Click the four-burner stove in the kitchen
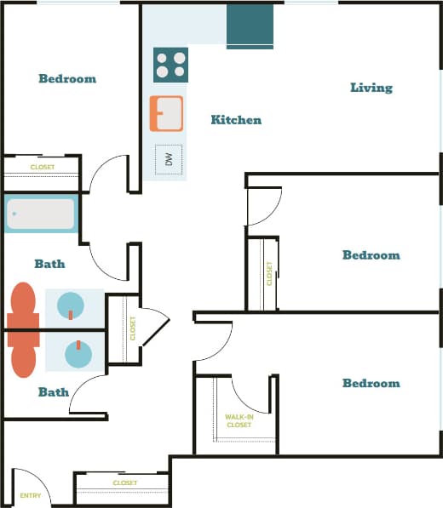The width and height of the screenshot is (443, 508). (x=170, y=65)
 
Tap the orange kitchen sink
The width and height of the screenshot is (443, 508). (x=166, y=113)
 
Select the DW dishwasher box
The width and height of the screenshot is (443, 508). (x=169, y=159)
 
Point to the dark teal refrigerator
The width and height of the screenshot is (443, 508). (x=250, y=26)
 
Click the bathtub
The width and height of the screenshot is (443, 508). (x=42, y=214)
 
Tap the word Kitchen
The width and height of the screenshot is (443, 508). (x=236, y=120)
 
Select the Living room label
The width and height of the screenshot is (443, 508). (x=371, y=88)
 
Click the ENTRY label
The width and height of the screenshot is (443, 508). (x=30, y=495)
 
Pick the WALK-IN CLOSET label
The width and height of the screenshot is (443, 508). (x=238, y=420)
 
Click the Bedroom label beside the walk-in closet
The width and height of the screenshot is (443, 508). (x=371, y=384)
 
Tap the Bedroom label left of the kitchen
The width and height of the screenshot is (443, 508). (x=67, y=79)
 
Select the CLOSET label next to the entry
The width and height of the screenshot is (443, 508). (x=125, y=483)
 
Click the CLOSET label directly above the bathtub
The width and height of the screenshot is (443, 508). (x=42, y=168)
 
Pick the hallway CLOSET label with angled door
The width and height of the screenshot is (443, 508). (x=133, y=328)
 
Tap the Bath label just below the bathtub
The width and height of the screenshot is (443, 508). (x=49, y=264)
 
